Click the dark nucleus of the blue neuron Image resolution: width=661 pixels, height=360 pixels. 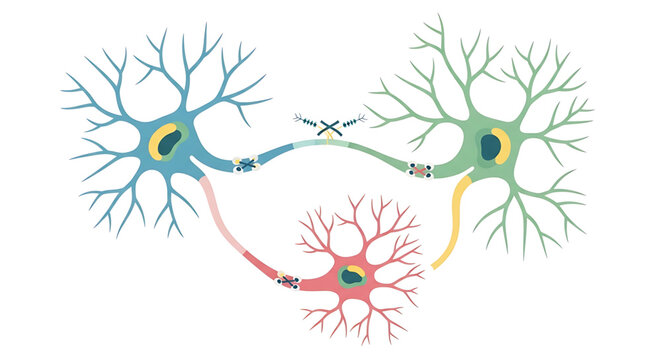[171, 141]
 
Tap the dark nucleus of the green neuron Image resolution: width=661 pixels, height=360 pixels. [490, 147]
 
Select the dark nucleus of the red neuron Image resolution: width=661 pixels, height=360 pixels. [350, 276]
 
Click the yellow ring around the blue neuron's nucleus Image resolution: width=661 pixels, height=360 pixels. [158, 146]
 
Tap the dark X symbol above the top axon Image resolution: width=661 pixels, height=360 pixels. [330, 126]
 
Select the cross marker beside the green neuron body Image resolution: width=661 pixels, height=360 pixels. [421, 171]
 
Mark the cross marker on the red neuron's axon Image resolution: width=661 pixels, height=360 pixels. [288, 281]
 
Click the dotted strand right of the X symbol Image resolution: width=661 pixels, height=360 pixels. [355, 120]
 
